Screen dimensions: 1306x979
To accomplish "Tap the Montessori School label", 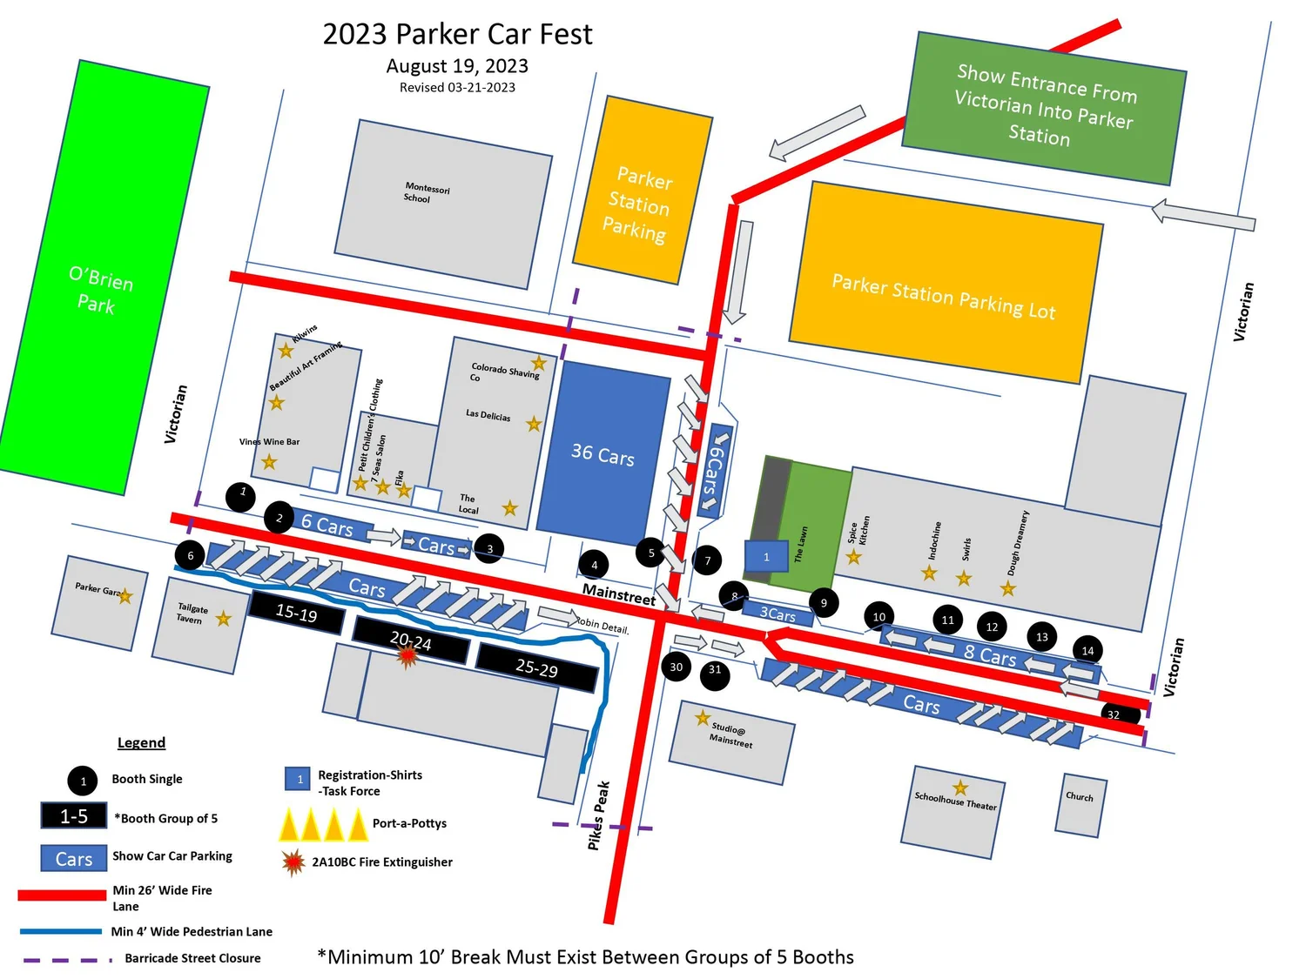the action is click(x=426, y=192).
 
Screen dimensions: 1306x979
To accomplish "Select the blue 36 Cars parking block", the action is click(x=602, y=453).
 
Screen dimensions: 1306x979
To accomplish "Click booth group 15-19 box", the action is click(x=296, y=613).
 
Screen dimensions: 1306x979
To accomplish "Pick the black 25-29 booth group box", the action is click(x=536, y=667).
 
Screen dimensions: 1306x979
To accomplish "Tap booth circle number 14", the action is click(x=1087, y=650).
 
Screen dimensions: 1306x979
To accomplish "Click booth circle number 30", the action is click(x=677, y=667).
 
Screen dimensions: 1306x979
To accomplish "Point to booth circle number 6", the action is click(x=191, y=555).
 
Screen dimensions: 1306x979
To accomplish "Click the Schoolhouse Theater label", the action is click(x=955, y=801).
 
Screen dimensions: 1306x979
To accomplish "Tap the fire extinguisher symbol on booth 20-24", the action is click(x=407, y=655).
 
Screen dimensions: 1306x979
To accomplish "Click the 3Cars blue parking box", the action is click(x=778, y=614).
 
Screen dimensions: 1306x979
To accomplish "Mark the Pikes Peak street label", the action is click(x=598, y=815).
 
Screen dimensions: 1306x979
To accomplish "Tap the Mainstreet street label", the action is click(x=618, y=593).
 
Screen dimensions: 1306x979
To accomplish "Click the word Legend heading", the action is click(x=141, y=742).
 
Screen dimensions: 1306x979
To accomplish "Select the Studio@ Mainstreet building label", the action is click(x=730, y=734).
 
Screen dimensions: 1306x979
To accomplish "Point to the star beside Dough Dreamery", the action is click(x=1007, y=589).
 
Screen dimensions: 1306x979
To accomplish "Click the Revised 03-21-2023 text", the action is click(x=457, y=87).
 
